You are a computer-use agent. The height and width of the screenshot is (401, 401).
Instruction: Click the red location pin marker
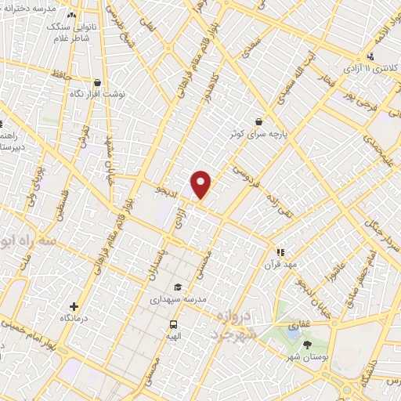click(x=202, y=183)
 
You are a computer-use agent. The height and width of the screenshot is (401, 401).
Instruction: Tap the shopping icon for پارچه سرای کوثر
click(x=258, y=121)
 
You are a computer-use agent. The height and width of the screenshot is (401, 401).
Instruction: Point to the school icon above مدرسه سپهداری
click(x=178, y=287)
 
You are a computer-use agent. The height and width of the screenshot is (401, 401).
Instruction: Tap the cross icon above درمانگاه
click(x=74, y=306)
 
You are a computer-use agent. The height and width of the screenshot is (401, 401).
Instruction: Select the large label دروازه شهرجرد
click(x=239, y=325)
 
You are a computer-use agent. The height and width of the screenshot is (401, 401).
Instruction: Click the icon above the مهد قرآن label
click(x=280, y=252)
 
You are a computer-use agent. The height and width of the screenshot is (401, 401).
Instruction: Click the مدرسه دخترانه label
click(x=32, y=7)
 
